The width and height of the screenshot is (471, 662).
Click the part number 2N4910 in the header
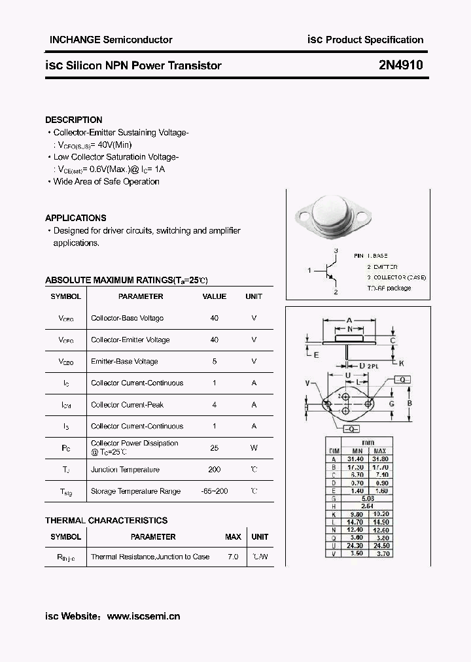click(x=400, y=65)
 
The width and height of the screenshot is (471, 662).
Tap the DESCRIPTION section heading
click(x=73, y=120)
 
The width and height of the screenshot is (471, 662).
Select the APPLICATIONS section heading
click(x=75, y=218)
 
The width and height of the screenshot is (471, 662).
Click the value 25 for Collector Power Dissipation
click(x=214, y=448)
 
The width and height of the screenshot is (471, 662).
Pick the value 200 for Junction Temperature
click(x=214, y=470)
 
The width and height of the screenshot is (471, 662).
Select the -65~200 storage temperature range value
click(x=214, y=491)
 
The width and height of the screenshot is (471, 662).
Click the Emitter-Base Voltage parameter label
click(x=124, y=362)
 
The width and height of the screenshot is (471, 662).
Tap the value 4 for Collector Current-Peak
click(x=214, y=405)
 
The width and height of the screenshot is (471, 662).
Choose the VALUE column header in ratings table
click(x=214, y=296)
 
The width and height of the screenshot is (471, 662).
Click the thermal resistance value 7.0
click(x=233, y=557)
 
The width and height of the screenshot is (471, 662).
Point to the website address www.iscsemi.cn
click(x=143, y=616)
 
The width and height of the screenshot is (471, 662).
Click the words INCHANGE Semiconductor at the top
click(x=111, y=40)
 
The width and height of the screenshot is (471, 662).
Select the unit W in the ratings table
click(x=254, y=448)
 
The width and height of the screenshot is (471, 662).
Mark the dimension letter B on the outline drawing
click(x=410, y=403)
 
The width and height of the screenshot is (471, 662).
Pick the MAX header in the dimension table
click(x=381, y=451)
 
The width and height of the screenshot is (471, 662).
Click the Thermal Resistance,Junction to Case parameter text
click(x=150, y=557)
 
